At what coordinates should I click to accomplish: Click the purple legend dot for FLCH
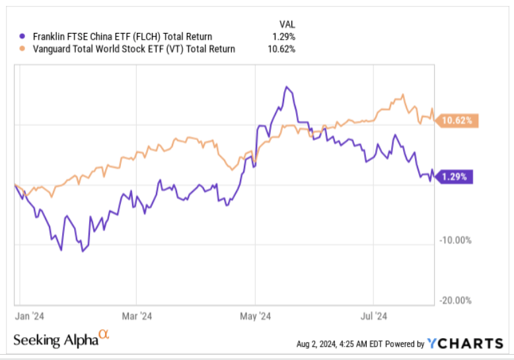coord(23,37)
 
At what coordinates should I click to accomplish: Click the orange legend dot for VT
coord(23,48)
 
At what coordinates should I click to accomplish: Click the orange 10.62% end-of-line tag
coord(457,120)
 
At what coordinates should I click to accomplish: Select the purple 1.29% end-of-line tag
coord(456,177)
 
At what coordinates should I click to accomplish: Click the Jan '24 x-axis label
coord(30,316)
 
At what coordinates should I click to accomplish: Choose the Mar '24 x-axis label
coord(138,316)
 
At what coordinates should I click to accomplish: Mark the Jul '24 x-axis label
coord(374,316)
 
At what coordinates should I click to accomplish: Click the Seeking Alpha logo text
coord(55,340)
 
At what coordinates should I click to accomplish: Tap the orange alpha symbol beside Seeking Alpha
coord(103,336)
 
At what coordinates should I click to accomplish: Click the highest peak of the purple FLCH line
coord(286,87)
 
